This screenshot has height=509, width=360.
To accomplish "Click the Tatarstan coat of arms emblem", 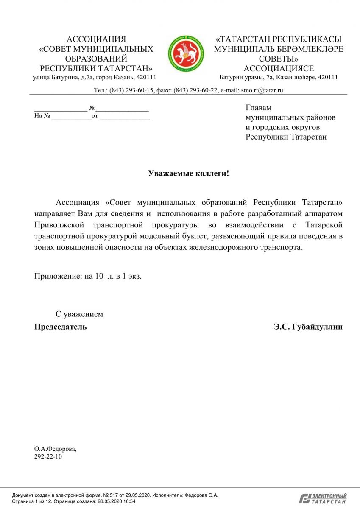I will [x=185, y=54].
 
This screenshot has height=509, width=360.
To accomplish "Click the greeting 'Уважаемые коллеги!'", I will [x=188, y=173].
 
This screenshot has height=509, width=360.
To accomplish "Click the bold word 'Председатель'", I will [x=60, y=327].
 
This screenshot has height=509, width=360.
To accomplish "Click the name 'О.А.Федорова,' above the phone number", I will [x=56, y=448].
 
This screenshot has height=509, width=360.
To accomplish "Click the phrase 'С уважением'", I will [x=79, y=314].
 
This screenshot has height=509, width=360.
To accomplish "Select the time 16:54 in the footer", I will [x=129, y=501].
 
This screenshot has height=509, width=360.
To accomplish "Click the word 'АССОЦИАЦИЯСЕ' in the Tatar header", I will [x=279, y=68].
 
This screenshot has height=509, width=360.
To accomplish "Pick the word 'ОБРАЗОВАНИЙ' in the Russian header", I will [x=96, y=59].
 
